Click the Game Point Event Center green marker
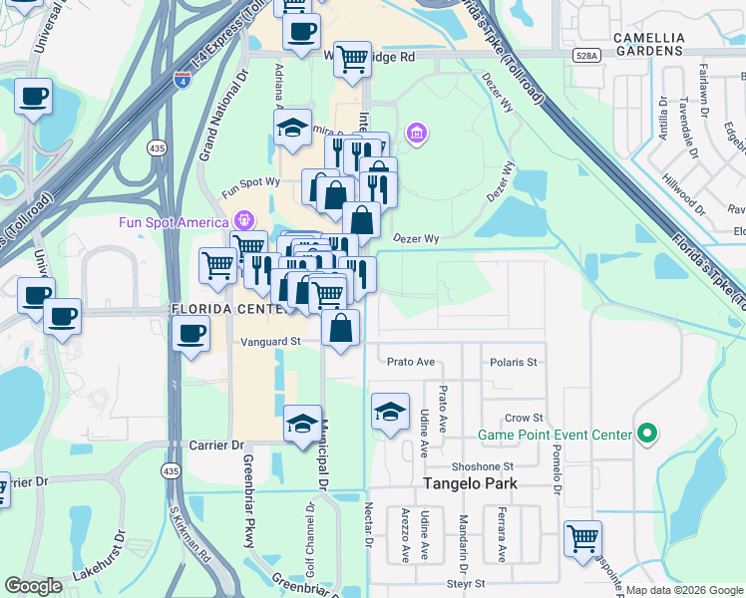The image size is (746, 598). coord(647,434)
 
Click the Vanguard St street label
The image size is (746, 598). coord(270,341)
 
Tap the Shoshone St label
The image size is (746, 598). coord(482,465)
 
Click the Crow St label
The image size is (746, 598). coord(523,418)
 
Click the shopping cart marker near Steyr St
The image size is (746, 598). coord(582,539)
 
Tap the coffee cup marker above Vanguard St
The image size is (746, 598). coord(190,334)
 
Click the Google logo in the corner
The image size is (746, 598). coord(33,586)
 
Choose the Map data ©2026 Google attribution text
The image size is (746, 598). coord(684,590)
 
